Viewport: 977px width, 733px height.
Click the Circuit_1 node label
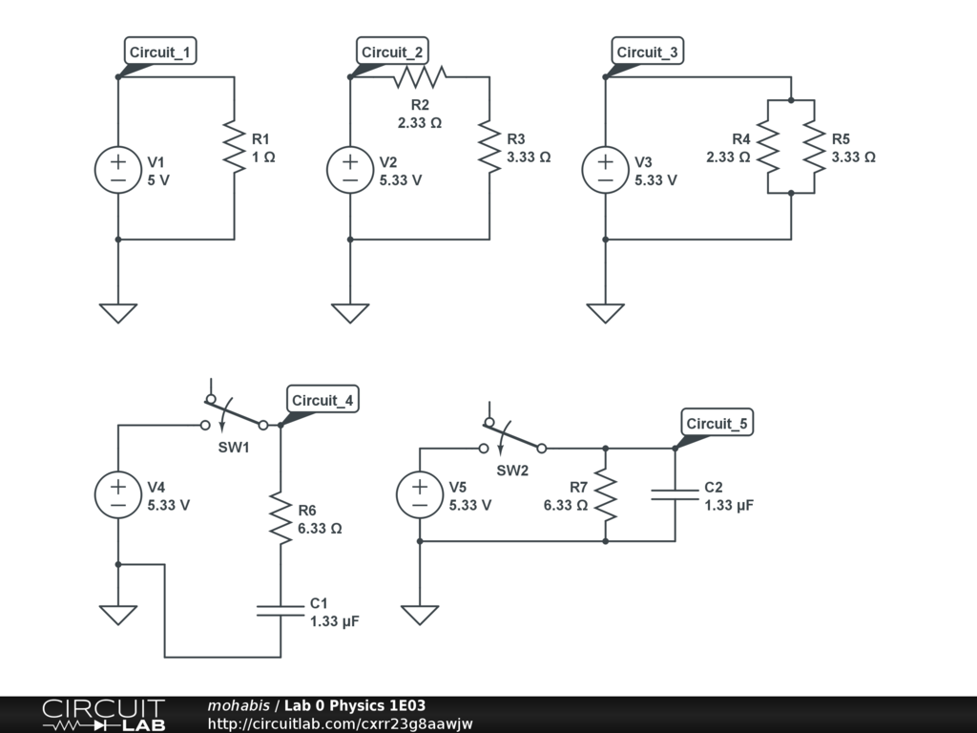tap(160, 52)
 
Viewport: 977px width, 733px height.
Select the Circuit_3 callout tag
tap(647, 52)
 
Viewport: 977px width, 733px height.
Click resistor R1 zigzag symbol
tap(234, 147)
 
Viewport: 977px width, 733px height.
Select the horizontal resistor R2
tap(420, 77)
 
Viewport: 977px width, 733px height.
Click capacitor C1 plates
tap(281, 611)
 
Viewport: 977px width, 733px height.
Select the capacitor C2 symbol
tap(675, 495)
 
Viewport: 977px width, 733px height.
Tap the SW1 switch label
tap(233, 447)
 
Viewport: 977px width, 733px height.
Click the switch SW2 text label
tap(512, 470)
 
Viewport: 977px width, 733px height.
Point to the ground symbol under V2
tap(350, 312)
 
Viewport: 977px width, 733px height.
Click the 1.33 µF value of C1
tap(335, 620)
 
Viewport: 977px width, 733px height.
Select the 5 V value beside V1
tap(158, 179)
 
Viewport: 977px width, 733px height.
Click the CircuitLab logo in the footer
tap(103, 714)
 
